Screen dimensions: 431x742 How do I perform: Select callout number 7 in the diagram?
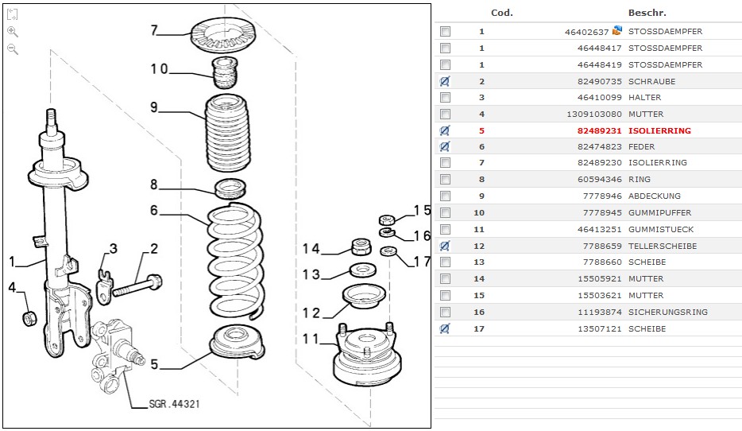tap(156, 31)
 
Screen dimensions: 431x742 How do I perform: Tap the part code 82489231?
tap(601, 130)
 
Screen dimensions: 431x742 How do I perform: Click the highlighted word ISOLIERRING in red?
tap(659, 130)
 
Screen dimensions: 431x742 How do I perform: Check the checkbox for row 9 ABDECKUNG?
tap(445, 196)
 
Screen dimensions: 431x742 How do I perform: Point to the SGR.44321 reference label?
tap(174, 404)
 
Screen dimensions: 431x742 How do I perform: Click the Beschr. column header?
tap(647, 13)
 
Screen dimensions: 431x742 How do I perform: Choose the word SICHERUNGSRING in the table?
tap(667, 312)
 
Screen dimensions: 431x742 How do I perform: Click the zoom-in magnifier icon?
tap(13, 31)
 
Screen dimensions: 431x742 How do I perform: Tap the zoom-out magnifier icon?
tap(13, 49)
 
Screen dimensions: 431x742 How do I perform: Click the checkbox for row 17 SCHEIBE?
tap(445, 328)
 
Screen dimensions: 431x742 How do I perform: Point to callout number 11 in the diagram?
tap(315, 340)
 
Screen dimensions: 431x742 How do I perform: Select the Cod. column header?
tap(502, 13)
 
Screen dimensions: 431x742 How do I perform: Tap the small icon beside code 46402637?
tap(617, 31)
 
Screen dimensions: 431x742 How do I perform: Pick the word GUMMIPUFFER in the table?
tap(659, 213)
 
